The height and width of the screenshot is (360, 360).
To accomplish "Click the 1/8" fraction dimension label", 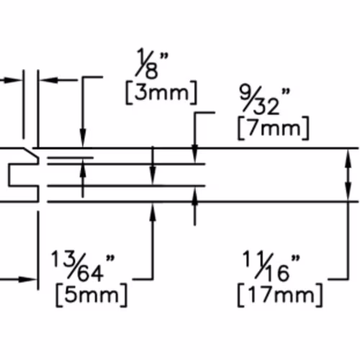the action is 152,63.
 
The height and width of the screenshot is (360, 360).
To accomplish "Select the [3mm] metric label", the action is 161,93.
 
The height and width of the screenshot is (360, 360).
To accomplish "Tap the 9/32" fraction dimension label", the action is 265,100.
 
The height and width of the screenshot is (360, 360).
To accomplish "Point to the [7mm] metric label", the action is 274,128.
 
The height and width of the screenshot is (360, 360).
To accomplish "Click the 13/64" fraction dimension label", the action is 83,266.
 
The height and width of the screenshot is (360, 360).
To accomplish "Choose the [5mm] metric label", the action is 91,295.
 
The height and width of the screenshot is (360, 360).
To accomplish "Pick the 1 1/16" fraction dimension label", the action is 271,266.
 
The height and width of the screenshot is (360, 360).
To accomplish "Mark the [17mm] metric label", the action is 280,295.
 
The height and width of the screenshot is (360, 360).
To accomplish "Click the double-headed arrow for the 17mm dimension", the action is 348,175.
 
